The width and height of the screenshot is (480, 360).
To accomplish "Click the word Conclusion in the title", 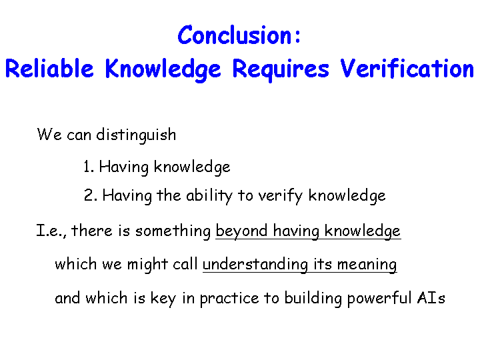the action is [x=235, y=35].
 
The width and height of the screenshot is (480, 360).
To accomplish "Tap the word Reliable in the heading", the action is [x=49, y=68].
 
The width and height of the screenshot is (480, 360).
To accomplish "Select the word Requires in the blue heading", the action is [x=281, y=70].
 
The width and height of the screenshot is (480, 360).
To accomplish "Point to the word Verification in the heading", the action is [x=407, y=68].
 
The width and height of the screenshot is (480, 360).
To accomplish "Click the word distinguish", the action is [x=136, y=135].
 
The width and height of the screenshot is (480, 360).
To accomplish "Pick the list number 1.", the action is [x=89, y=167].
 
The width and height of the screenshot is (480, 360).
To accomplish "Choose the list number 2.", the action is [x=91, y=195].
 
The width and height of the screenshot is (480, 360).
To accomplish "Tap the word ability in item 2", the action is [x=209, y=196].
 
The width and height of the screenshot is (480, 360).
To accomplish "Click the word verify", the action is [x=280, y=196].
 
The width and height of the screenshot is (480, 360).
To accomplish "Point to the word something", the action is [x=173, y=231].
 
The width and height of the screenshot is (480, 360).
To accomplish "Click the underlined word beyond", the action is [x=241, y=231].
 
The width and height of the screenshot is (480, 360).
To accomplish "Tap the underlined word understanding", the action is [x=255, y=265].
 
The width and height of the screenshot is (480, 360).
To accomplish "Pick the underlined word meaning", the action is [x=367, y=265].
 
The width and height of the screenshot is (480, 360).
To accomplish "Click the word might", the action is [x=147, y=265].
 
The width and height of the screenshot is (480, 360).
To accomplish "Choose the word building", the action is [x=313, y=299].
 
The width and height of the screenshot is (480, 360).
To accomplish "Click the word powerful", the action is [x=379, y=299].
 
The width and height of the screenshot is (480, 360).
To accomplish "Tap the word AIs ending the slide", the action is [x=431, y=298].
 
